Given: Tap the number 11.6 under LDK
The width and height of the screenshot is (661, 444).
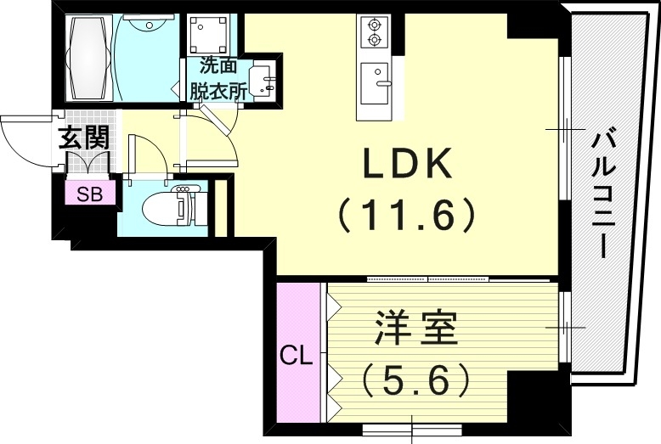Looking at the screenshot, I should pyautogui.click(x=406, y=216).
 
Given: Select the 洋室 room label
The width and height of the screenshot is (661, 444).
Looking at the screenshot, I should pyautogui.click(x=415, y=329).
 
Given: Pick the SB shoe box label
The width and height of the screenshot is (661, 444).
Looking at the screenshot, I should pyautogui.click(x=90, y=194).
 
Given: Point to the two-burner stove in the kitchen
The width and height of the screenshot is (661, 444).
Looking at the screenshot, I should pyautogui.click(x=375, y=32).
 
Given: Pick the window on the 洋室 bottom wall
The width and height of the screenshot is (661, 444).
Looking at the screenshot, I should pyautogui.click(x=413, y=426).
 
